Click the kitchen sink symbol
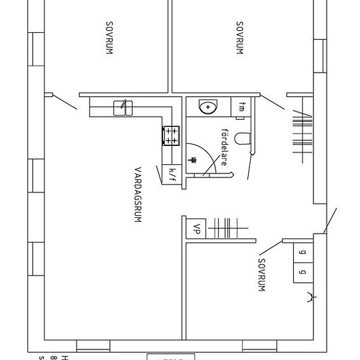[123, 107]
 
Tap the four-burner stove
[171, 135]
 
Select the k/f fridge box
[172, 173]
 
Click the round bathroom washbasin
[209, 107]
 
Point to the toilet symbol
[242, 138]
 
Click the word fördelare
[224, 147]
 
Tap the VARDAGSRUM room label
[138, 194]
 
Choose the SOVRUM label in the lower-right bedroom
[261, 273]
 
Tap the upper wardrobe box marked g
[302, 252]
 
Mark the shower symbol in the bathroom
[193, 159]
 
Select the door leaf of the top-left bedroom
[63, 101]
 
